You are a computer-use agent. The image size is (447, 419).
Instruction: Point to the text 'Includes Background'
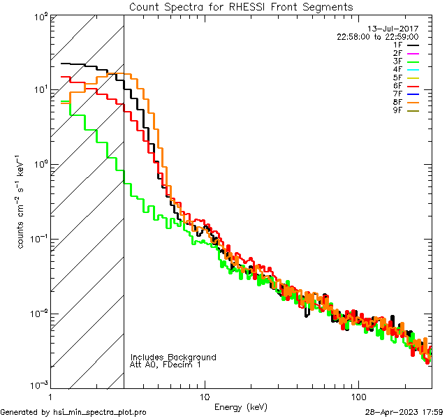[173, 357]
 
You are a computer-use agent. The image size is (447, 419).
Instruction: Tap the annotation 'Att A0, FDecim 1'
[166, 365]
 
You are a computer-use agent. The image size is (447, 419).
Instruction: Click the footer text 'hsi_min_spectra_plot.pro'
[99, 412]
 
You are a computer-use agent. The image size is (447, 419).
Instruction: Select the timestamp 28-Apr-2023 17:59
[405, 412]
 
